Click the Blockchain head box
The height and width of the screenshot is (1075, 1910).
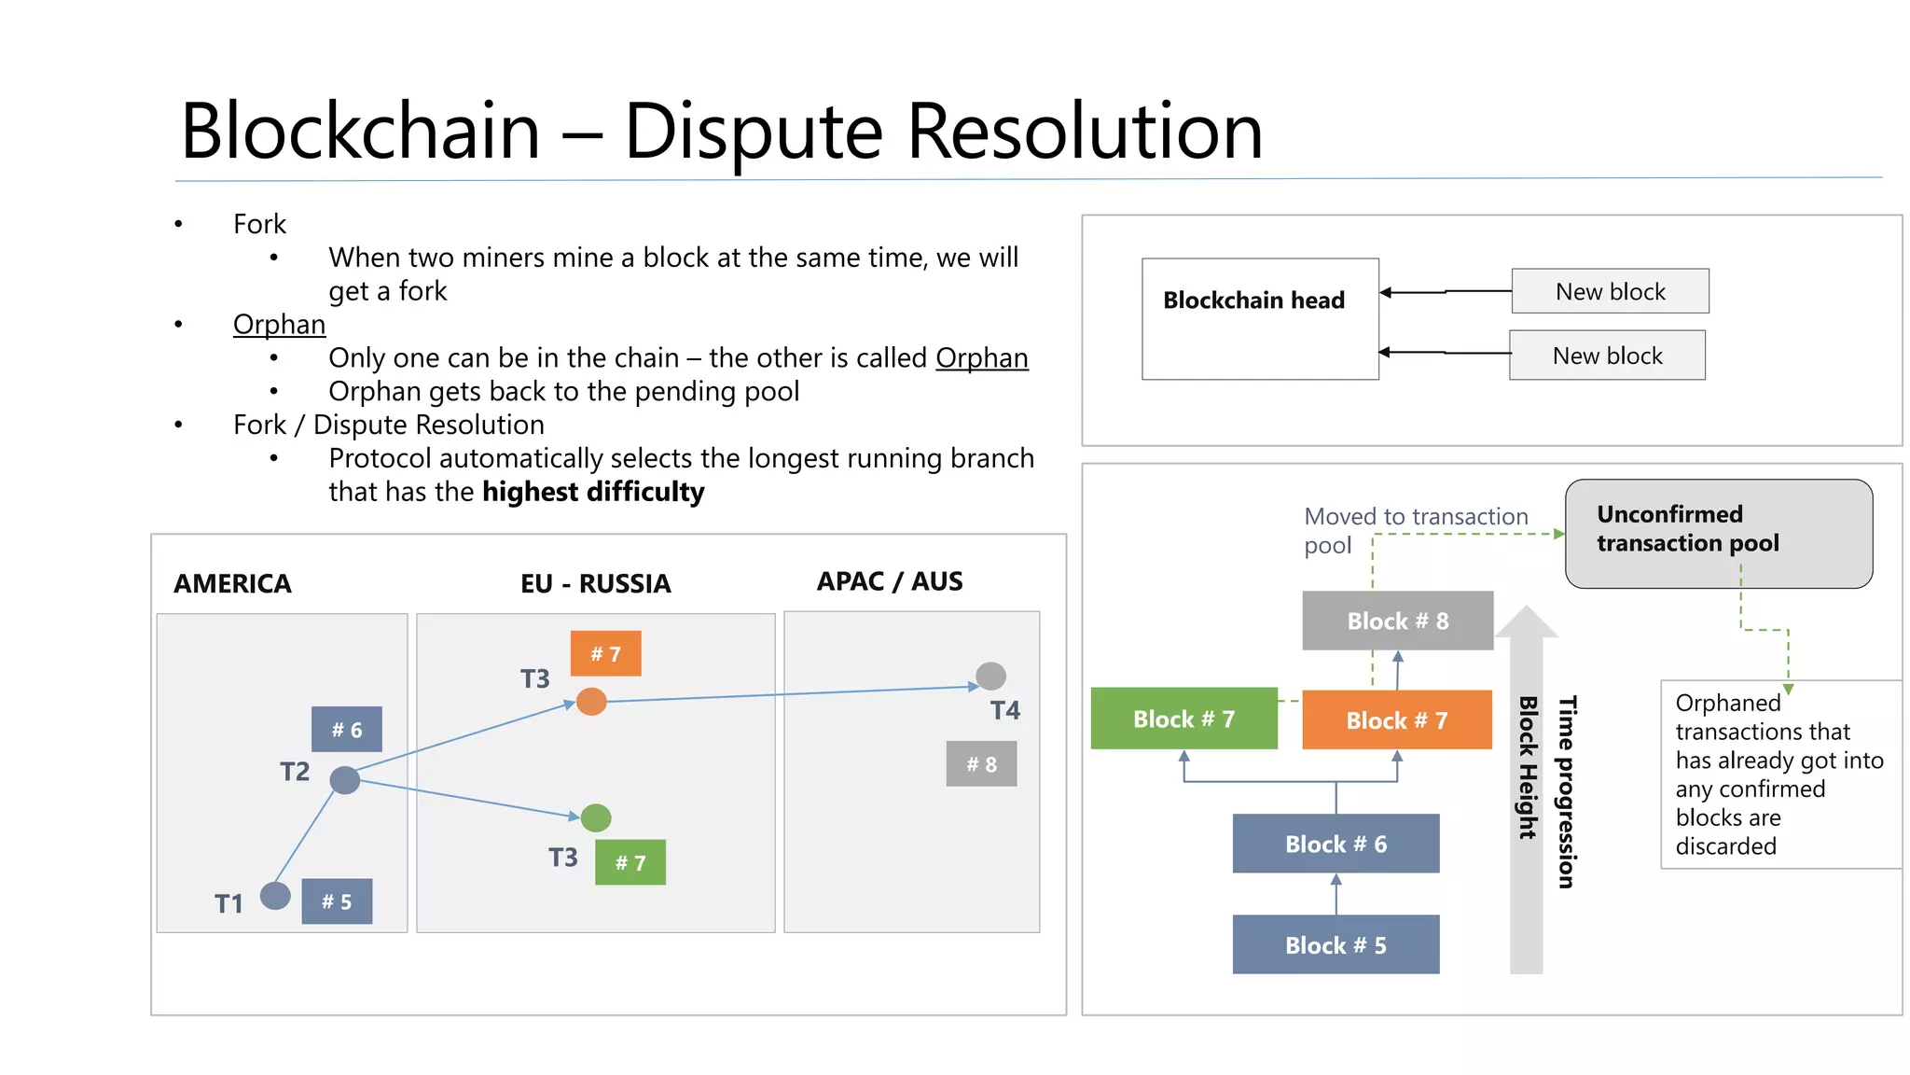(x=1259, y=318)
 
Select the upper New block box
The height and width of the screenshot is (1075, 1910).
(x=1610, y=291)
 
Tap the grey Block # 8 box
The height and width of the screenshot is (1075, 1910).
(x=1397, y=621)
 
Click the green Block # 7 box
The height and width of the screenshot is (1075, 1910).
(x=1183, y=719)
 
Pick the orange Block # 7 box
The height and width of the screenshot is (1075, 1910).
(x=1396, y=719)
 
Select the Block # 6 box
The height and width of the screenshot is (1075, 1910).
(x=1336, y=844)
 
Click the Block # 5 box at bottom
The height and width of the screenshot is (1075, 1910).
(x=1336, y=944)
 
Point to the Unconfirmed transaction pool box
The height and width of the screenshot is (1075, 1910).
(x=1718, y=533)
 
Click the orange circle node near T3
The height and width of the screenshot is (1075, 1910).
(x=591, y=702)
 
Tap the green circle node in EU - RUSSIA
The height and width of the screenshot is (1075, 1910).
(x=596, y=817)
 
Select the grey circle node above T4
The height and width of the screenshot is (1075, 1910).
(x=990, y=675)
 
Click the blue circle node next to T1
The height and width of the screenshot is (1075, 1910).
(x=275, y=896)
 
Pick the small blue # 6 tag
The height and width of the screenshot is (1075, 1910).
(x=347, y=729)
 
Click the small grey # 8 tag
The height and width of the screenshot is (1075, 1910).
(x=981, y=764)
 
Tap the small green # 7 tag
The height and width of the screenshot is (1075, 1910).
(x=630, y=862)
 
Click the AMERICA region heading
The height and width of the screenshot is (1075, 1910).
(x=232, y=583)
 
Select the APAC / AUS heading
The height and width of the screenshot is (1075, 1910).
(x=890, y=581)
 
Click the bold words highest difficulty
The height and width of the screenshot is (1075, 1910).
(x=593, y=492)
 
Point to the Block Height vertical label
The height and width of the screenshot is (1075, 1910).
(x=1527, y=767)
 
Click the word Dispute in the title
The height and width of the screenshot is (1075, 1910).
(x=753, y=132)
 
